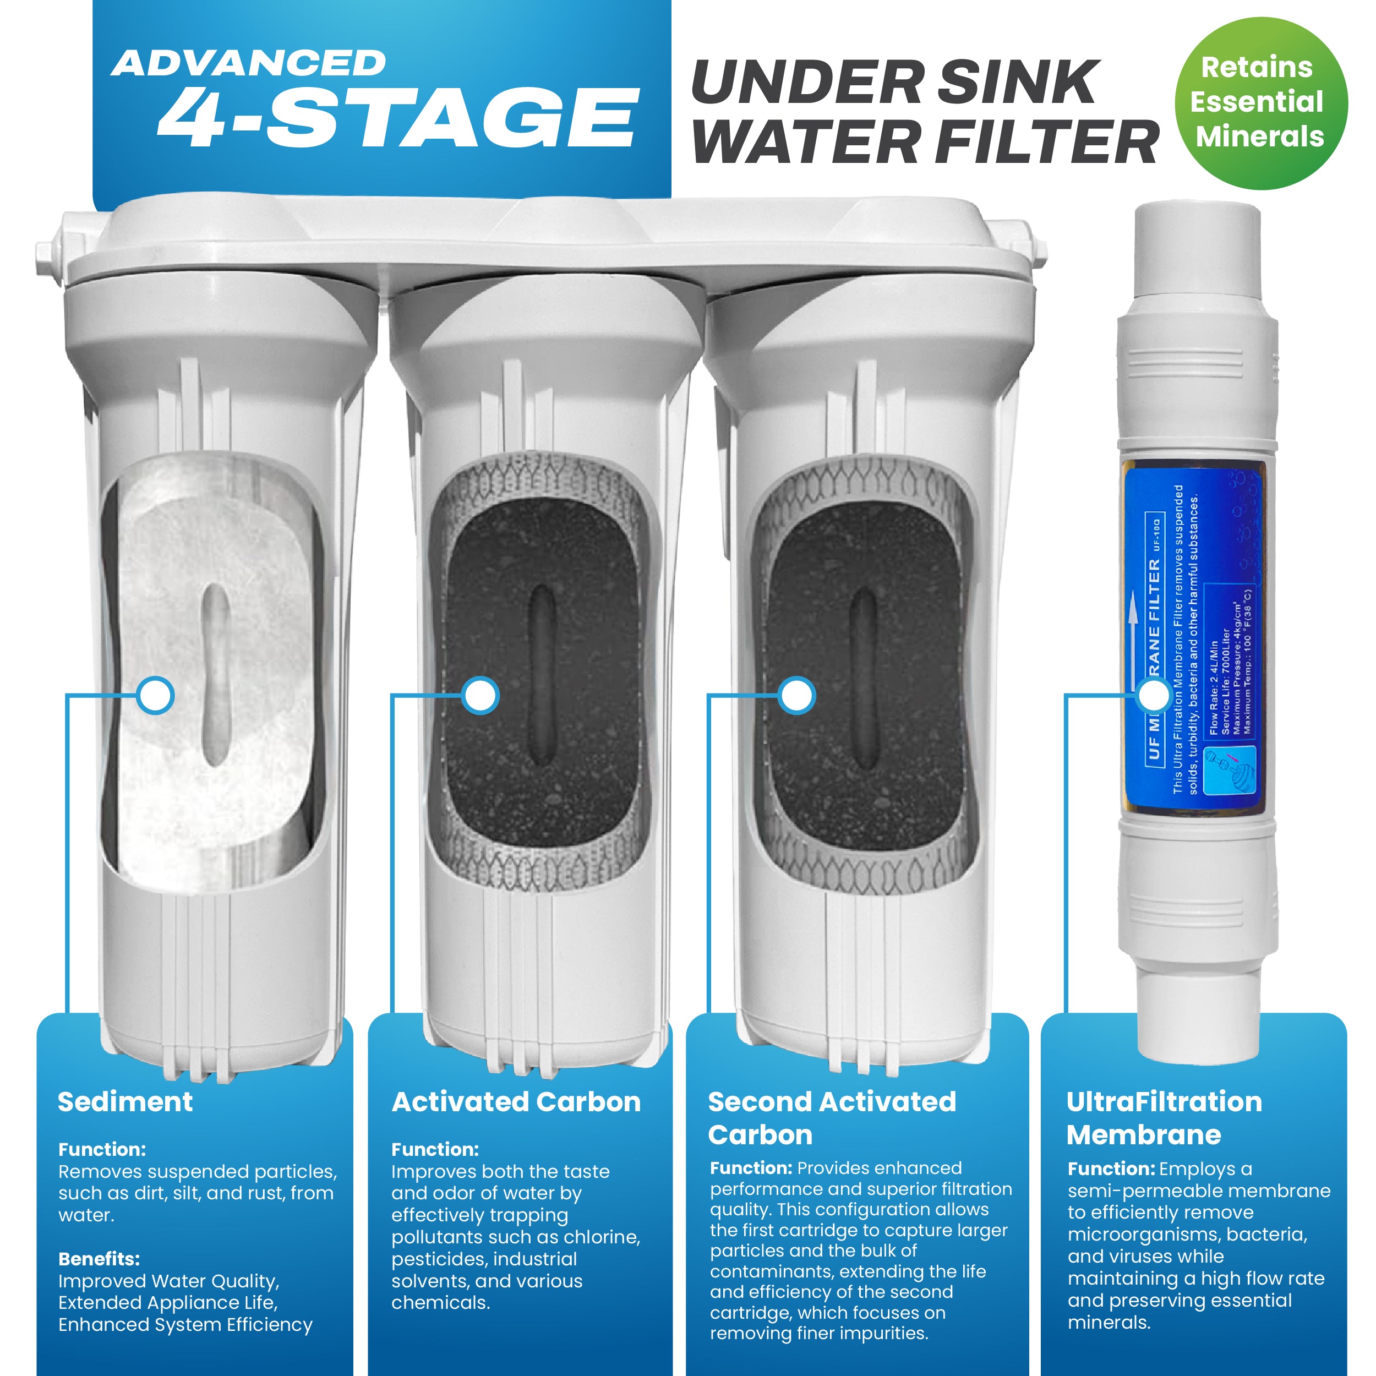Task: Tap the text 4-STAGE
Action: point(397,118)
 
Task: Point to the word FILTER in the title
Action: point(1046,143)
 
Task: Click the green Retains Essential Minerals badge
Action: point(1260,102)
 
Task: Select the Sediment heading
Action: point(125,1102)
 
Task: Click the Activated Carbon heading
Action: point(516,1102)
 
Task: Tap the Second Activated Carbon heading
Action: point(831,1117)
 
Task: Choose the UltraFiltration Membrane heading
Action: point(1163,1117)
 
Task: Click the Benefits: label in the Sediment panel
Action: point(99,1258)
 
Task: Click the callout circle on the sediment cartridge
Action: point(155,695)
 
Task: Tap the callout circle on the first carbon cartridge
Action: point(480,695)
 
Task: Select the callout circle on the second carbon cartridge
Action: point(796,695)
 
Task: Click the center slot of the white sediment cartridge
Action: point(214,673)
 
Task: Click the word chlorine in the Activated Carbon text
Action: point(603,1237)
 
